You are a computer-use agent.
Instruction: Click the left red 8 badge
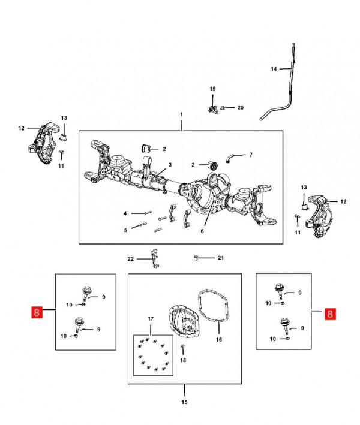point(37,312)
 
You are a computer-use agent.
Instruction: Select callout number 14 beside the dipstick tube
point(273,69)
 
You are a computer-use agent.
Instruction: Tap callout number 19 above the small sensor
point(212,89)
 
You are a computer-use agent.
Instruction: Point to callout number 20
point(240,108)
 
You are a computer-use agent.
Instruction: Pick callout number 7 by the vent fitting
point(250,155)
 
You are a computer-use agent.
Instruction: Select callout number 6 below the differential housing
point(202,231)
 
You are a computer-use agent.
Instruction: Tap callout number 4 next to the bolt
point(125,213)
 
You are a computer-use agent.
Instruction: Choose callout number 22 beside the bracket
point(131,259)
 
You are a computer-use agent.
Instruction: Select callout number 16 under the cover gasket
point(219,339)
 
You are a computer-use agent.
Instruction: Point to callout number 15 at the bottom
point(185,402)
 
